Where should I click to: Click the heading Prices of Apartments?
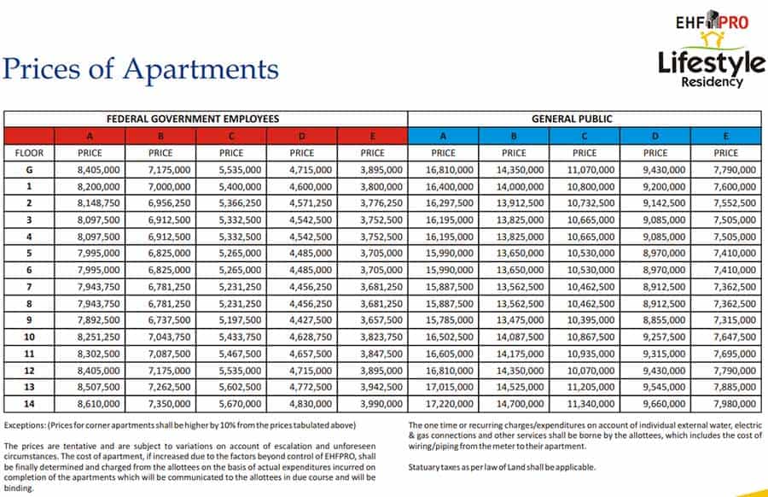pos(140,69)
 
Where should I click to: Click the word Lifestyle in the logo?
pos(712,61)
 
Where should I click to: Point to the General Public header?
pos(584,119)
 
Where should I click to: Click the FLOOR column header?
pos(29,153)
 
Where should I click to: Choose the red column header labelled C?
pos(231,136)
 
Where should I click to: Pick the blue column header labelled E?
pos(725,136)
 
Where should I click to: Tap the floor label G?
pos(29,170)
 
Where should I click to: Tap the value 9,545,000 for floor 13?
pos(655,386)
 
